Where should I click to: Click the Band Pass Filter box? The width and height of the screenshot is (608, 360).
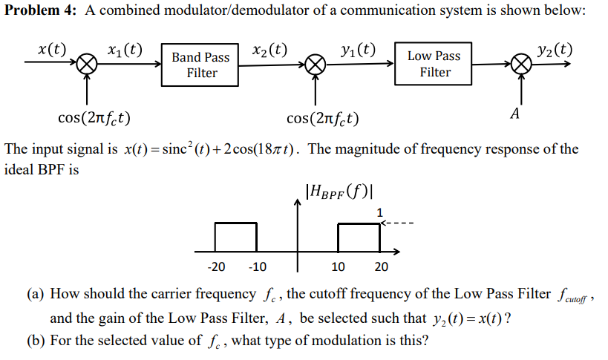click(x=200, y=65)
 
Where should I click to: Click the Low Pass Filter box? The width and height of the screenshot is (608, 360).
click(x=434, y=64)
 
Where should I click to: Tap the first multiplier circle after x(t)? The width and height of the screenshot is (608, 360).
click(x=88, y=65)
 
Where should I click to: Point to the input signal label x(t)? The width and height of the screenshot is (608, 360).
click(x=52, y=50)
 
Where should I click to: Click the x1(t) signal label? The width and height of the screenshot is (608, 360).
click(x=125, y=51)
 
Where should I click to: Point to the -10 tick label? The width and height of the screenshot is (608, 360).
click(x=257, y=266)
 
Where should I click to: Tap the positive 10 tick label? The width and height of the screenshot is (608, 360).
click(x=338, y=266)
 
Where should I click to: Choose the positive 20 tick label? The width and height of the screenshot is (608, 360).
click(x=381, y=266)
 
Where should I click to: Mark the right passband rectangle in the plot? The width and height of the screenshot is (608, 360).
click(x=359, y=237)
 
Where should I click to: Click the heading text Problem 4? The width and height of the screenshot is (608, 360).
click(x=41, y=12)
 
